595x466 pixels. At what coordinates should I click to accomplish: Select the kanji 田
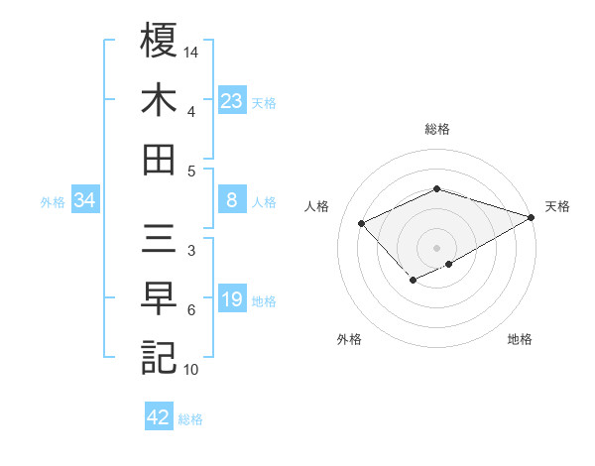(159, 159)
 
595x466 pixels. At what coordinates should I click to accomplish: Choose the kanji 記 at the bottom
(159, 357)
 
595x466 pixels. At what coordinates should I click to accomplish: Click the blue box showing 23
(231, 100)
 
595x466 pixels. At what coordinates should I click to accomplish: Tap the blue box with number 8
(231, 201)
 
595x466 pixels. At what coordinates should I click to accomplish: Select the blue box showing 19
(231, 300)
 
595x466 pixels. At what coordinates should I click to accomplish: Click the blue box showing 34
(85, 201)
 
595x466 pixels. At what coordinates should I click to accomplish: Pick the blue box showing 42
(159, 417)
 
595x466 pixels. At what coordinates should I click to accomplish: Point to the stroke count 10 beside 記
(192, 370)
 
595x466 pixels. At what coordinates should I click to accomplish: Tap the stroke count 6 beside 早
(191, 310)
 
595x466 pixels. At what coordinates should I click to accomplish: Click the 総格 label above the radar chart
(437, 129)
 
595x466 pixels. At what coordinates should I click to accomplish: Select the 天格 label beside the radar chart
(557, 206)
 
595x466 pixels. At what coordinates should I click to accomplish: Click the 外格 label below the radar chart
(349, 339)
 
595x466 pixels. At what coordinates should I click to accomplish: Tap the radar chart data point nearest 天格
(533, 216)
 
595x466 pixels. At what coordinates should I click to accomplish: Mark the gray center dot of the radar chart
(437, 246)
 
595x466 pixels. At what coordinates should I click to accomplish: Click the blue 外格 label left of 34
(53, 202)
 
